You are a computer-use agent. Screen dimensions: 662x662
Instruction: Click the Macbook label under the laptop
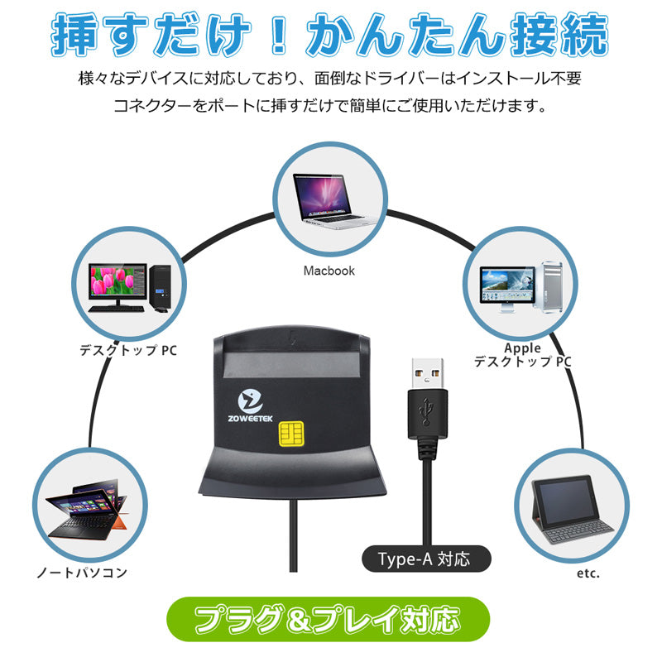coord(329,271)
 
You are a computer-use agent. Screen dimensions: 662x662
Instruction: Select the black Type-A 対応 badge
coord(426,559)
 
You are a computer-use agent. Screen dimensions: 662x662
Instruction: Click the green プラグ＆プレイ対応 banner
coord(329,619)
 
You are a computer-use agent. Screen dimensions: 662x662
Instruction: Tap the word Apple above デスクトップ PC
coord(522,348)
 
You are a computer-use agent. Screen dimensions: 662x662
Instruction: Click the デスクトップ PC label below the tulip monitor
coord(128,350)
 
